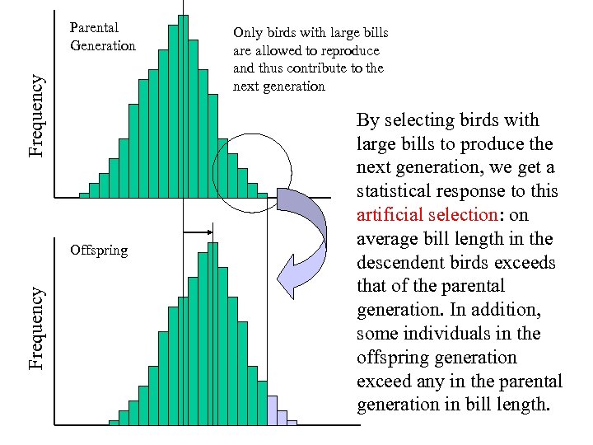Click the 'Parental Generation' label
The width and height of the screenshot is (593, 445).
tap(102, 37)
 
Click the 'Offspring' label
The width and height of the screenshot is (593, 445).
tap(99, 250)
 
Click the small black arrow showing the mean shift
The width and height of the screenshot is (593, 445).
tap(198, 233)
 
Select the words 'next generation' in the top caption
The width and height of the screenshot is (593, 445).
tap(279, 87)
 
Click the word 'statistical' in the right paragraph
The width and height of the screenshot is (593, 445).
tap(392, 191)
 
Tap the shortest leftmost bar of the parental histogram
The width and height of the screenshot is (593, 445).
tap(84, 194)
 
